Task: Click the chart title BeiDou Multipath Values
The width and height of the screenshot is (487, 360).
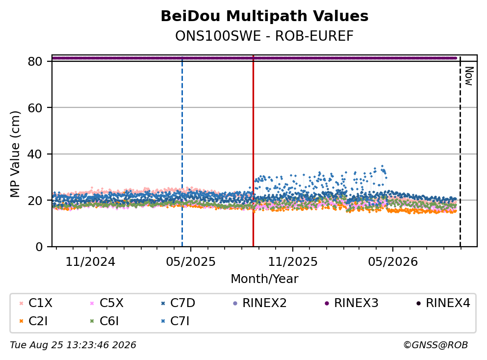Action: tap(264, 16)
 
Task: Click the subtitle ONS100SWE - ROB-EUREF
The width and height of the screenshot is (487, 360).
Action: tap(264, 36)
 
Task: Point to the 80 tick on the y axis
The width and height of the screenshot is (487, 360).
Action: tap(35, 61)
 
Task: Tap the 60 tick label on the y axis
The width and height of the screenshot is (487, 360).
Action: tap(35, 108)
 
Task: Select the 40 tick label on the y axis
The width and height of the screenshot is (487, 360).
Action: tap(35, 154)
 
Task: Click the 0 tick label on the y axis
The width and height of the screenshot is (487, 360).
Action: tap(39, 247)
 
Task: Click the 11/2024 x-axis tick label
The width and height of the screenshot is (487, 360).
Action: tap(90, 262)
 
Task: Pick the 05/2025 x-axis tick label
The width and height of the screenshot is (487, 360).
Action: tap(190, 262)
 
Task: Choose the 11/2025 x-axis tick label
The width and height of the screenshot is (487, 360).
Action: tap(293, 262)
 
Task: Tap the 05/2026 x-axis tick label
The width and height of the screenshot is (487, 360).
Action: tap(393, 262)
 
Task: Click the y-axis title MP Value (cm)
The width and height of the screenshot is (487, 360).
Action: tap(15, 154)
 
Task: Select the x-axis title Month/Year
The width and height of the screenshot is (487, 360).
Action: tap(264, 279)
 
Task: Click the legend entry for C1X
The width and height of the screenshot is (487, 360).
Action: tap(36, 303)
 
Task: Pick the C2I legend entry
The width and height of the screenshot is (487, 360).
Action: tap(33, 321)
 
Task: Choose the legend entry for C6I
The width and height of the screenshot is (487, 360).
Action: tap(104, 321)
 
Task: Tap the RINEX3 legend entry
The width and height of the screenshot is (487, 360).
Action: tap(351, 303)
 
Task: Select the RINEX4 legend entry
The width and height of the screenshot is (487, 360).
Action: tap(443, 303)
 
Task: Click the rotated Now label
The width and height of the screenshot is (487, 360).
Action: tap(469, 76)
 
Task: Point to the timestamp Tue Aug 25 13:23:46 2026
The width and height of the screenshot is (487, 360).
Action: tap(73, 345)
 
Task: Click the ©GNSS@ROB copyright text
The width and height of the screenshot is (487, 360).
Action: tap(436, 345)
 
